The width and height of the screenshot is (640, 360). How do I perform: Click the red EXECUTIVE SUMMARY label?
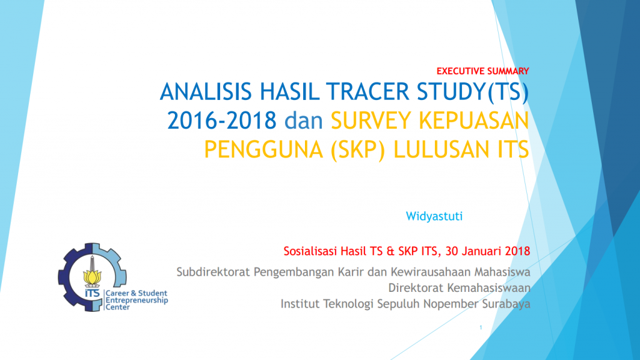[483, 71]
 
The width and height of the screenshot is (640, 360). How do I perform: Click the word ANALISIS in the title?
[206, 91]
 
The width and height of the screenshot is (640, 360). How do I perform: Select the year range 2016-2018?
[222, 121]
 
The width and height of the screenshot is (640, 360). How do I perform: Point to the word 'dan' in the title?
[304, 121]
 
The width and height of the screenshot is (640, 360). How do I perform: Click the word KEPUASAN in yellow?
[474, 121]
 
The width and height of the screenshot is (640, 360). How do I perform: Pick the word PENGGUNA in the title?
[262, 150]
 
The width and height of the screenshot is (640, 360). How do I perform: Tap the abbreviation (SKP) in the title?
[357, 150]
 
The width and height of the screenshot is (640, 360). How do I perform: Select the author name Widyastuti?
[434, 216]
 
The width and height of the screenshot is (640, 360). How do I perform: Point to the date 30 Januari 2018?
[487, 251]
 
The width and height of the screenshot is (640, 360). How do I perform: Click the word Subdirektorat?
[213, 272]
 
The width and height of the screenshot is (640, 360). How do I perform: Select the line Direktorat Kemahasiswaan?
[459, 287]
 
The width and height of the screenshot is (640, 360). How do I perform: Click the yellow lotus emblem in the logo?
[92, 277]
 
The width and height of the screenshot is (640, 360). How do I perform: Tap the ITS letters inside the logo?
[92, 294]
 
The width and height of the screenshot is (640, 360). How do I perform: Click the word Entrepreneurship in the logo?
[137, 301]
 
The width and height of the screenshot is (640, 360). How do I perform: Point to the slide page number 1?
[481, 327]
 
